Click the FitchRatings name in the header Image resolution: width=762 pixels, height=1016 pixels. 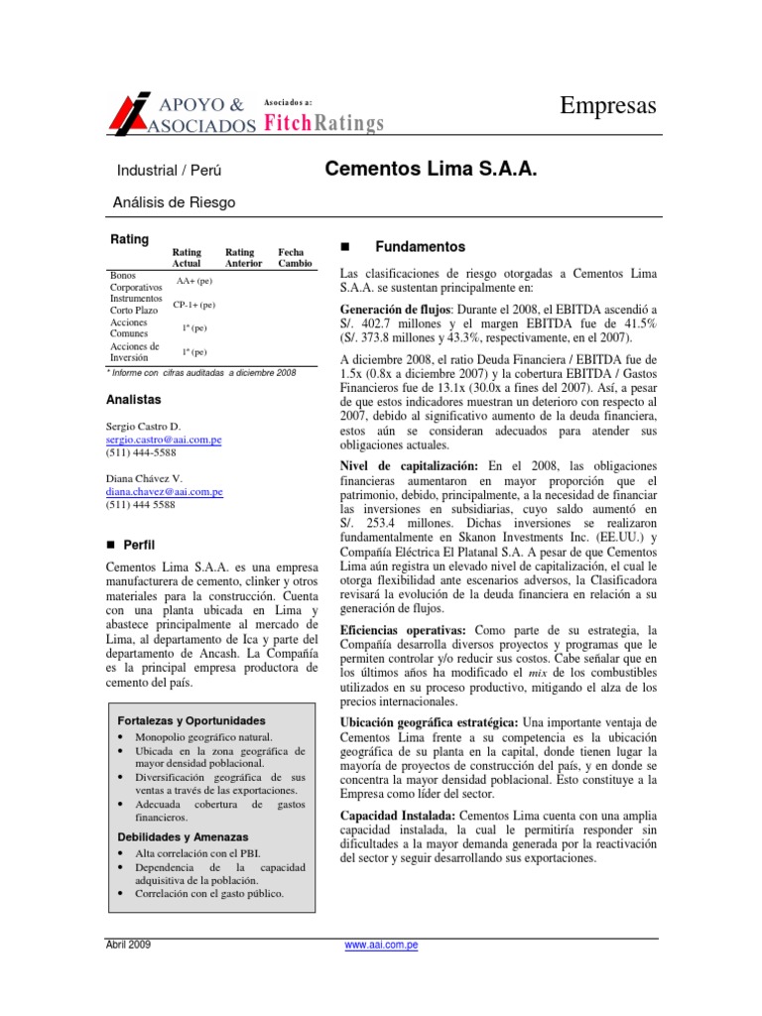click(322, 123)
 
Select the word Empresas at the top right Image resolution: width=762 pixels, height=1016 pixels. click(608, 105)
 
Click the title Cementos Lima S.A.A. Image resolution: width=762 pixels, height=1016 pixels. click(431, 171)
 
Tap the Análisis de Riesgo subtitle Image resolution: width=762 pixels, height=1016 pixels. click(177, 202)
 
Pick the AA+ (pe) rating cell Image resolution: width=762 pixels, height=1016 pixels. click(194, 282)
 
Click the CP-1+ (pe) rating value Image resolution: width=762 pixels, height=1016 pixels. click(193, 305)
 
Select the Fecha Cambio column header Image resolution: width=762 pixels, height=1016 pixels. click(295, 258)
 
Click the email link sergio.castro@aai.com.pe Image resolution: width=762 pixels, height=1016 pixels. click(164, 438)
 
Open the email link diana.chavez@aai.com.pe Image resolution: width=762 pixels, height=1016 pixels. click(164, 490)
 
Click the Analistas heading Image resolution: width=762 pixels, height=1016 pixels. click(133, 400)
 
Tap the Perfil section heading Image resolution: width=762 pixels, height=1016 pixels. click(138, 545)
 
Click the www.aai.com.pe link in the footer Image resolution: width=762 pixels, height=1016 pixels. click(381, 946)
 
